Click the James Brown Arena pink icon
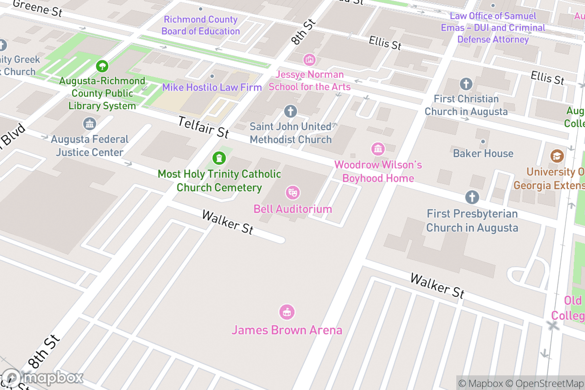coord(287,312)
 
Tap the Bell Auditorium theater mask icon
coord(292,193)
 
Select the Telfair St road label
coord(203,127)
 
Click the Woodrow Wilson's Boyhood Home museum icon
coord(378,149)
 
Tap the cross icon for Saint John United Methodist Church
coord(291,112)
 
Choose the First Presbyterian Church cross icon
coord(471,197)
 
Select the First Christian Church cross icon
coord(466,84)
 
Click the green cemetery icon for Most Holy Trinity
coord(219,158)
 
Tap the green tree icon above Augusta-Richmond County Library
coord(102,65)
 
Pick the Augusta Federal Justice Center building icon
coord(90,124)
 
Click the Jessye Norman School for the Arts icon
coord(309,60)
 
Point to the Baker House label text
coord(483,154)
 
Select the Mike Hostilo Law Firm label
coord(212,88)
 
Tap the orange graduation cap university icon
coord(557,156)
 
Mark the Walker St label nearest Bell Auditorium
coord(228,222)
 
